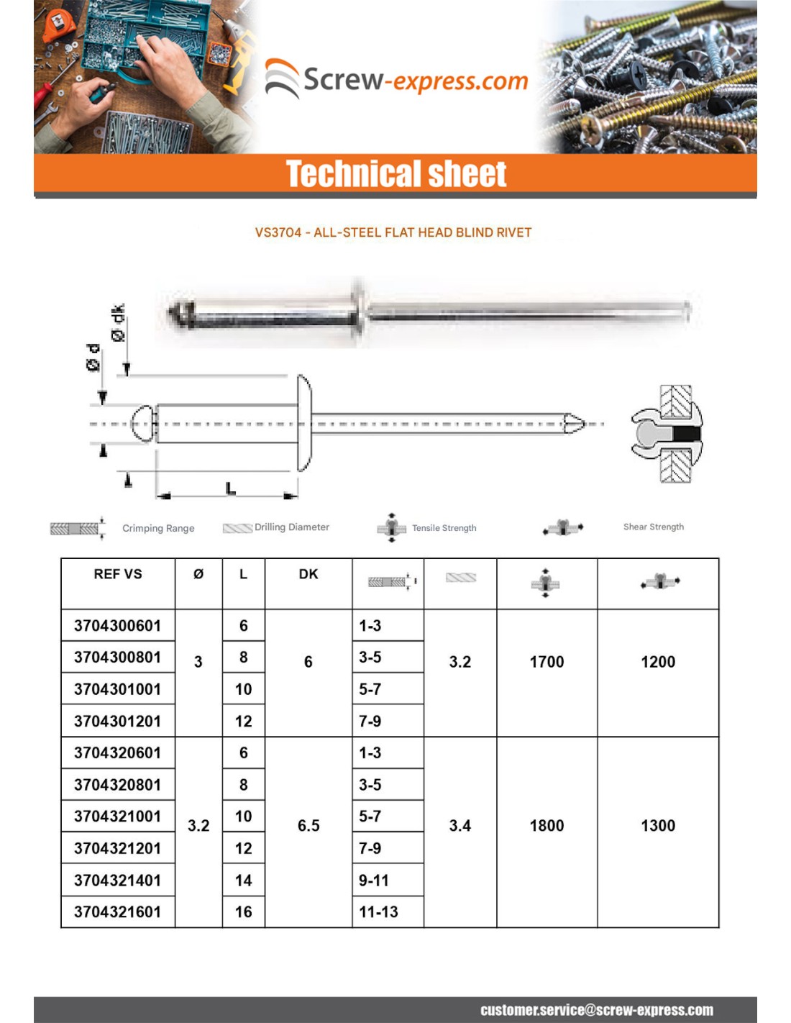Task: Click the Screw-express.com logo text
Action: tap(415, 80)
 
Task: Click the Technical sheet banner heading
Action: tap(396, 174)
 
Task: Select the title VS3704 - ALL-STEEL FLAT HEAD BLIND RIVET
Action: tap(393, 232)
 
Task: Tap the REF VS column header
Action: tap(118, 574)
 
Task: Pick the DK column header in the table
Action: tap(308, 574)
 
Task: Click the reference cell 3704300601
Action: tap(117, 626)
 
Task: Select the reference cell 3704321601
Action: tap(117, 912)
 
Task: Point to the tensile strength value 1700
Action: tap(547, 662)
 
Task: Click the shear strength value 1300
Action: tap(658, 826)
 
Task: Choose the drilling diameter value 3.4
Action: tap(460, 826)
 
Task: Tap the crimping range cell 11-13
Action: tap(379, 912)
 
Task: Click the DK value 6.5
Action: tap(308, 826)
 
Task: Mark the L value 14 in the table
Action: tap(243, 881)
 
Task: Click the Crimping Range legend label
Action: tap(158, 528)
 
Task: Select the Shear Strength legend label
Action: tap(653, 527)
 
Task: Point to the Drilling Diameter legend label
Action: tap(291, 527)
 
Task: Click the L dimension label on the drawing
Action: tap(230, 488)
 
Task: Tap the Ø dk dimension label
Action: tap(118, 323)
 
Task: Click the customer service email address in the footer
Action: tap(596, 1010)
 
